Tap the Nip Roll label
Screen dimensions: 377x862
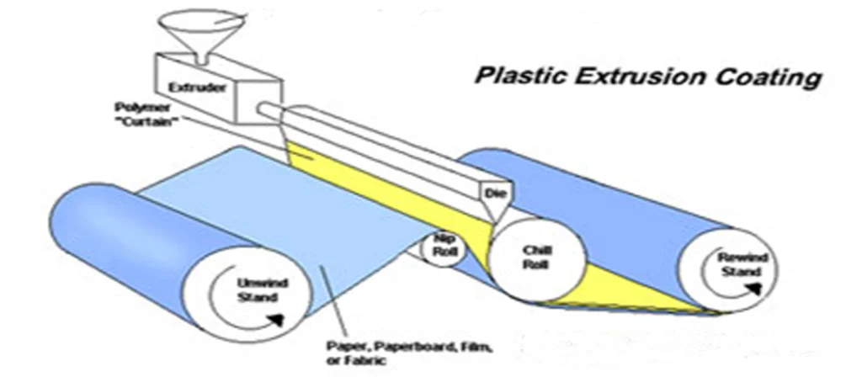click(443, 244)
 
